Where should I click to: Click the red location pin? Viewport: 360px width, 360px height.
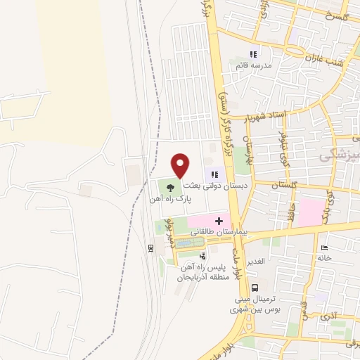pos(181,166)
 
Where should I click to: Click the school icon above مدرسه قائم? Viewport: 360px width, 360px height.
pos(254,53)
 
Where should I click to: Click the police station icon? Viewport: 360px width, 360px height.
pos(203,257)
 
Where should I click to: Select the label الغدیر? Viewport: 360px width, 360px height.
pos(255,261)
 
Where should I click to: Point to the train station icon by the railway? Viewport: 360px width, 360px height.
pos(150,248)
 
